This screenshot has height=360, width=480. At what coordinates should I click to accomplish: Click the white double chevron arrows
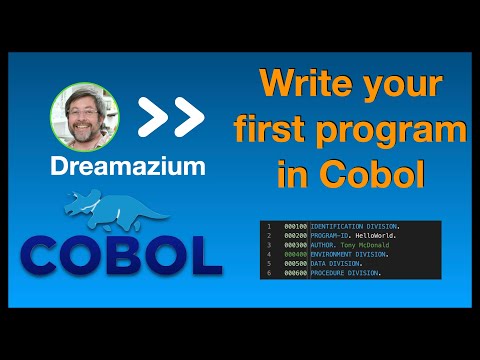(x=170, y=118)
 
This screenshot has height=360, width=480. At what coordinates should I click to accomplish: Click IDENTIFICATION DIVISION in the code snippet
(x=355, y=227)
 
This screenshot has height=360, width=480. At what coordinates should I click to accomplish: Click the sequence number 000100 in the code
(x=296, y=227)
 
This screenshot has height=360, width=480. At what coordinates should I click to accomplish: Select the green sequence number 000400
(x=296, y=255)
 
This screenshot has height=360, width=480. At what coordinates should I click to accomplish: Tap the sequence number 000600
(x=296, y=273)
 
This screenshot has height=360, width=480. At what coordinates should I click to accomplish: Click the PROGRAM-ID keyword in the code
(x=331, y=237)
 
